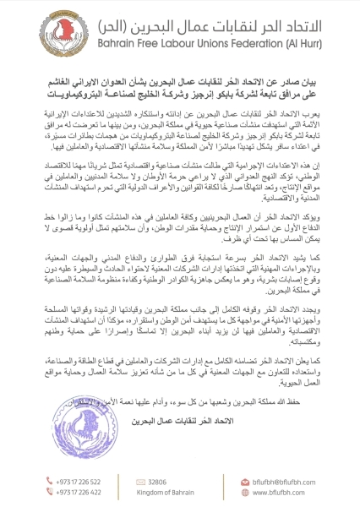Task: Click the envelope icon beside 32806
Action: click(136, 480)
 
